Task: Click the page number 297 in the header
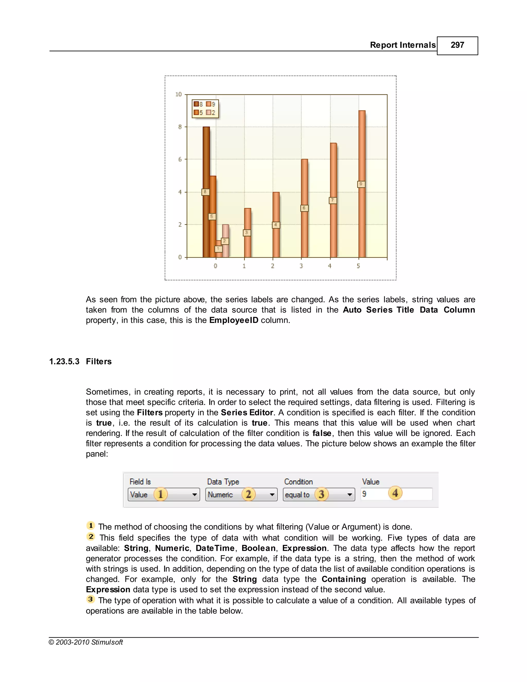(457, 45)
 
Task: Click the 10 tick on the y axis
(179, 94)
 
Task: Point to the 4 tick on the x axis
(330, 266)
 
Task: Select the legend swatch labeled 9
(208, 104)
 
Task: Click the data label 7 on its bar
(333, 200)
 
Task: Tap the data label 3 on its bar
(247, 233)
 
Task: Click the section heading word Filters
(99, 362)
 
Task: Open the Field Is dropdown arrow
(195, 495)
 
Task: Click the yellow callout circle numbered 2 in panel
(249, 494)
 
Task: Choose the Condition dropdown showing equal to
(319, 495)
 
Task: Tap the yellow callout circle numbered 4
(395, 493)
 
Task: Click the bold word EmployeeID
(234, 320)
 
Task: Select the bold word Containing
(344, 579)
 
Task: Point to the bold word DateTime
(215, 548)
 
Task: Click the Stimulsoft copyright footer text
(86, 642)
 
